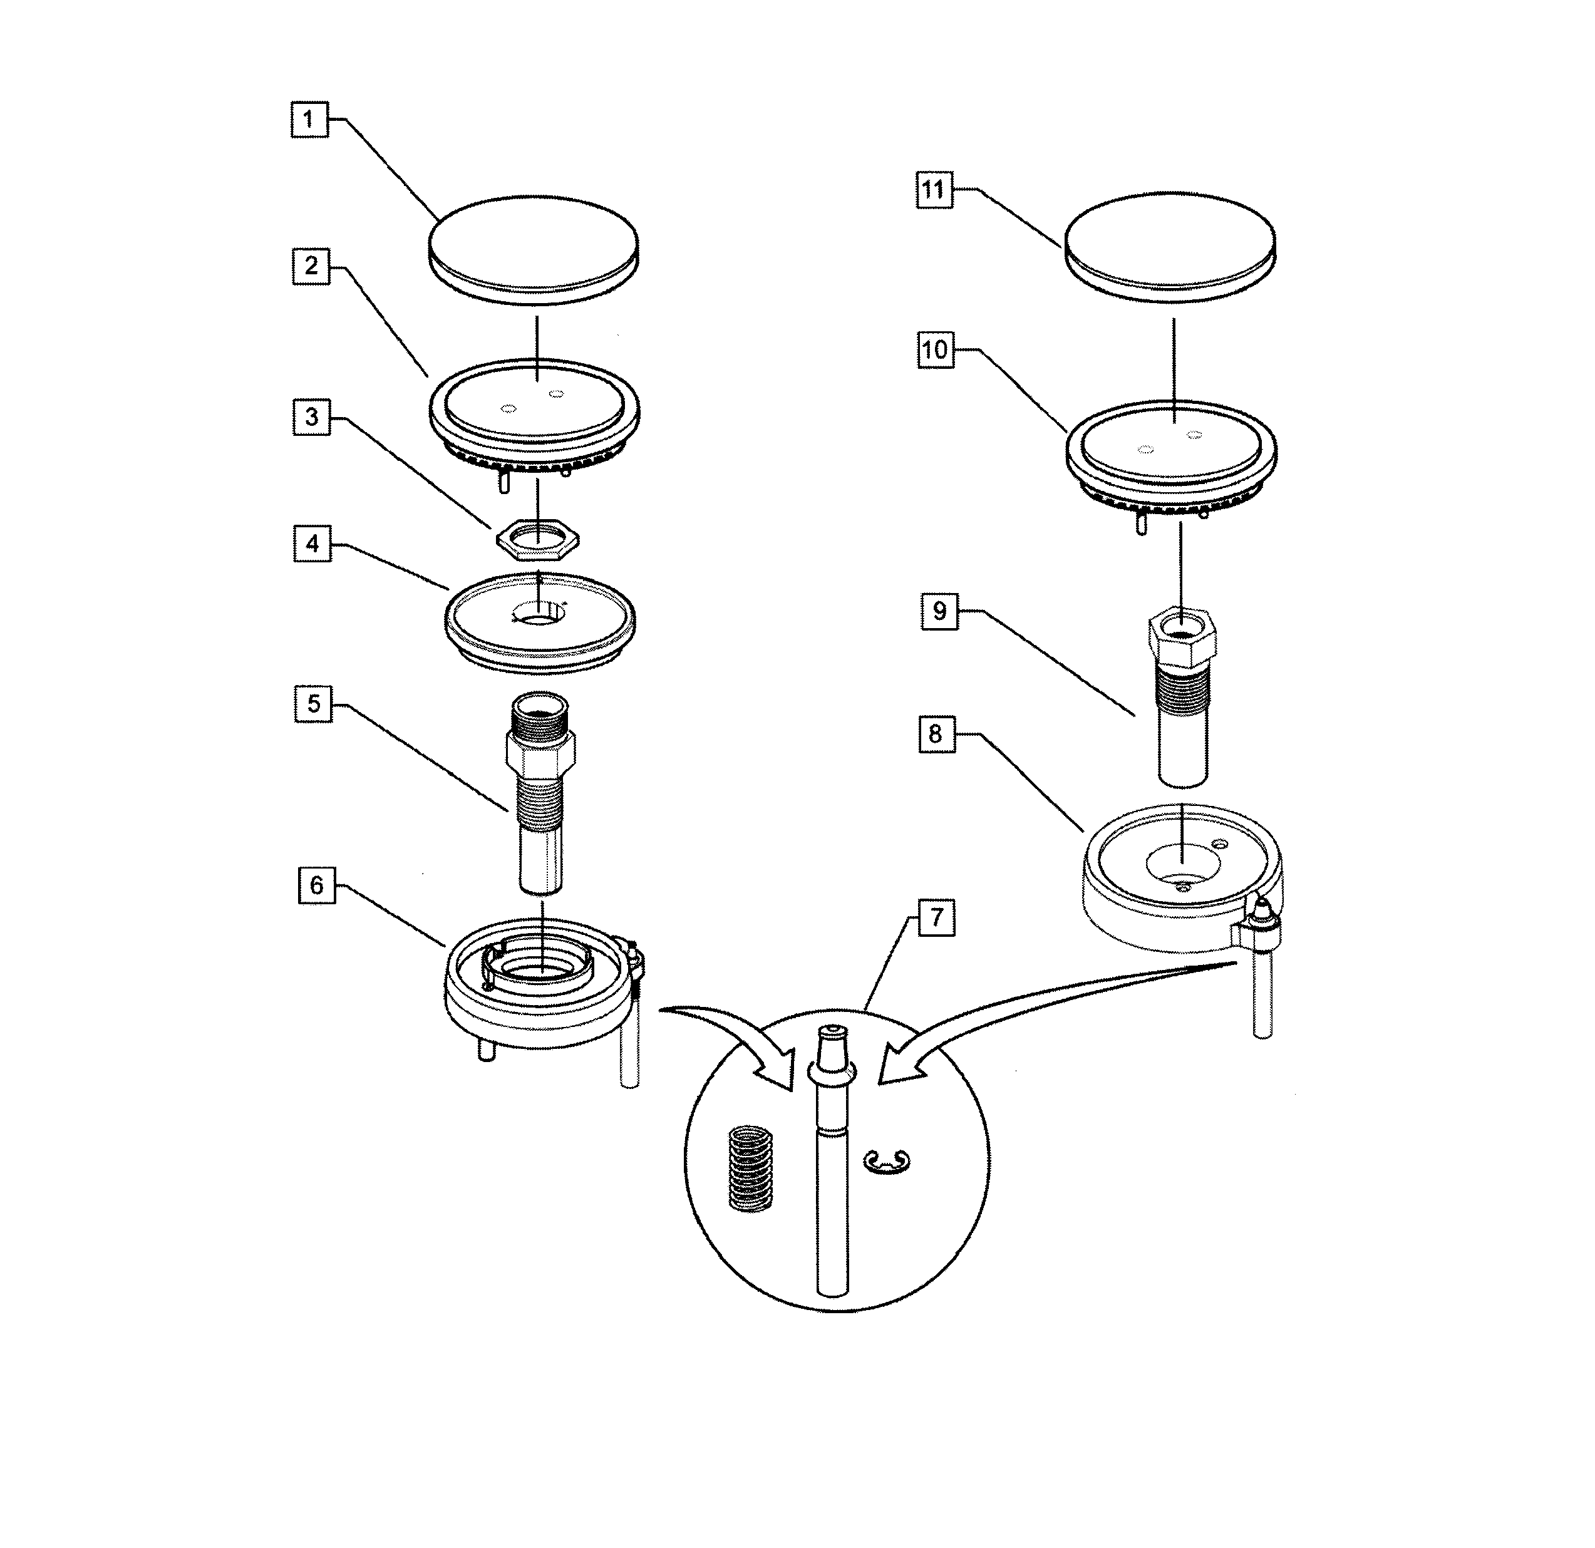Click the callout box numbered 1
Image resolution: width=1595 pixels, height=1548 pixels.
(309, 120)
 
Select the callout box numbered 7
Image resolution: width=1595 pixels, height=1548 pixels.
(937, 918)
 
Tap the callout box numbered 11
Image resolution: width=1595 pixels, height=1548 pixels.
(934, 190)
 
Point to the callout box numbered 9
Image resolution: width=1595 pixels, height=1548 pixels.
(939, 611)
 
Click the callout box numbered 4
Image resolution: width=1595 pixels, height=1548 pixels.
(312, 544)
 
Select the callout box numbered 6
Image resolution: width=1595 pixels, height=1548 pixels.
(317, 885)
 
